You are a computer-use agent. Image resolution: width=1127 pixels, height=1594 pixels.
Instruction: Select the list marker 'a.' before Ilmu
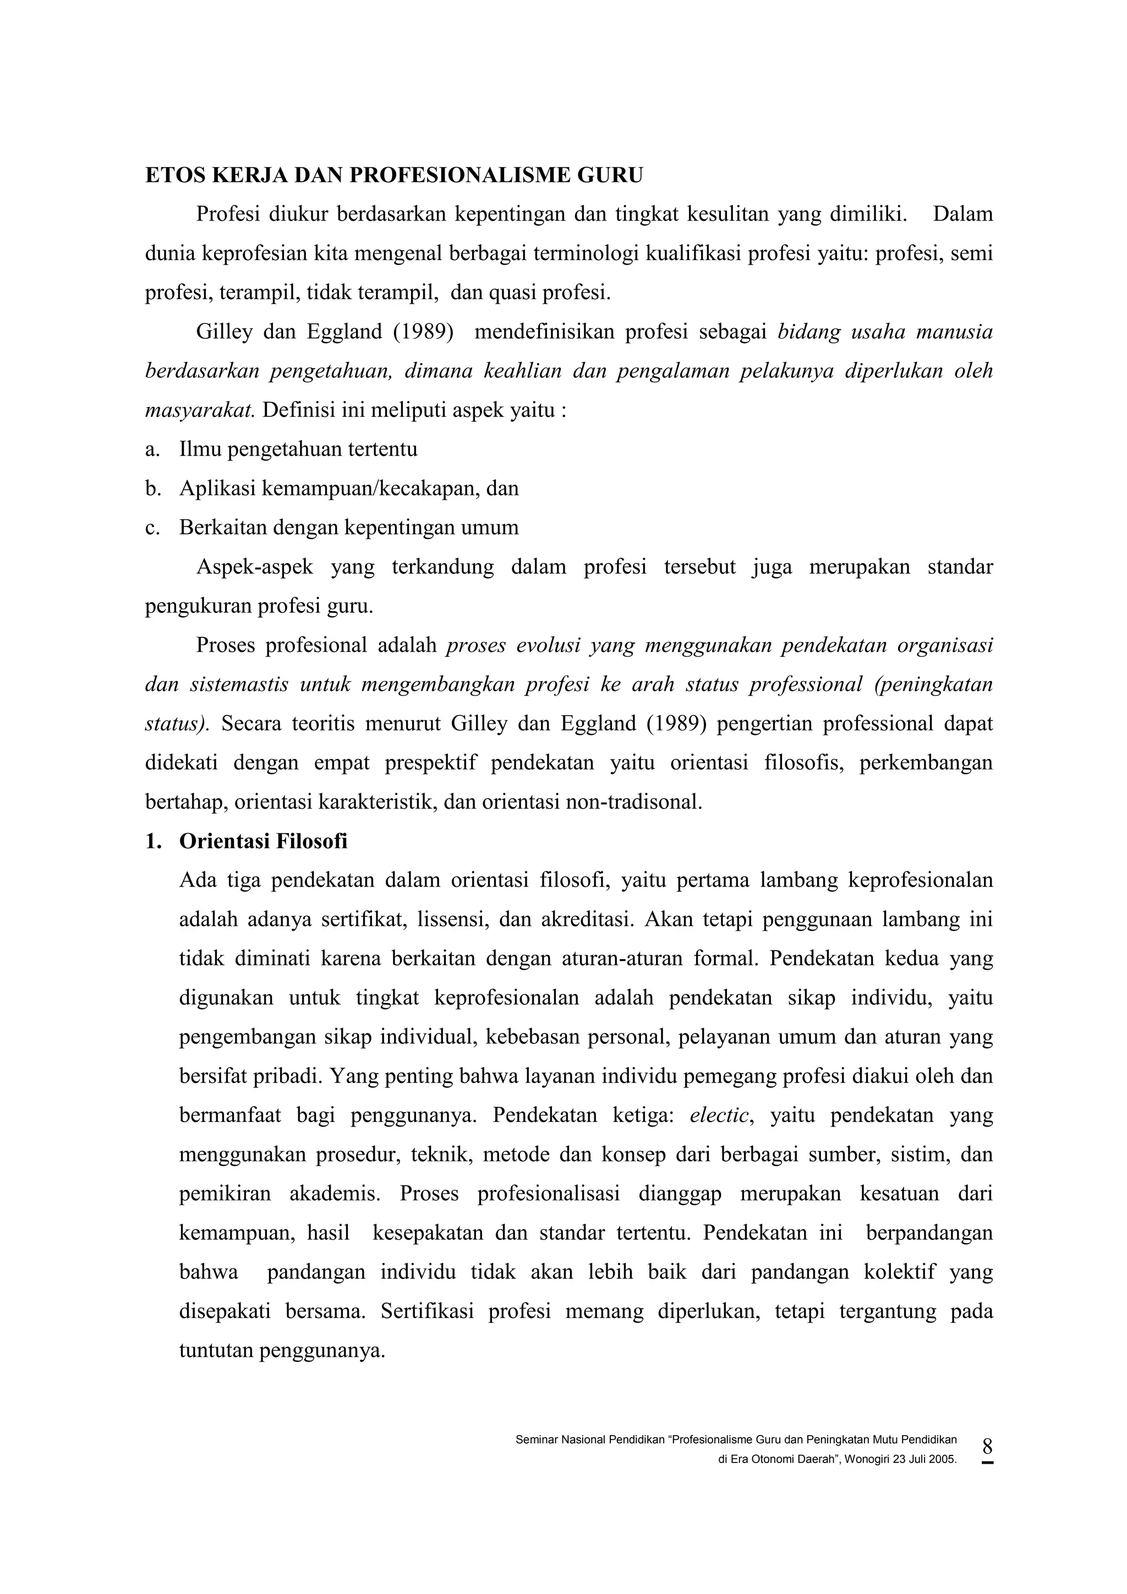tap(152, 450)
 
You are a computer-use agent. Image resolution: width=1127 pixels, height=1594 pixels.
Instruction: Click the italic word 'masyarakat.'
tap(200, 410)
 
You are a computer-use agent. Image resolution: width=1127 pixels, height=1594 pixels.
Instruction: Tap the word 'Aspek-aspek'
tap(254, 567)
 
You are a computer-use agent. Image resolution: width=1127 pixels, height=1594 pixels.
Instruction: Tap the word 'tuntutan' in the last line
tap(215, 1351)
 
